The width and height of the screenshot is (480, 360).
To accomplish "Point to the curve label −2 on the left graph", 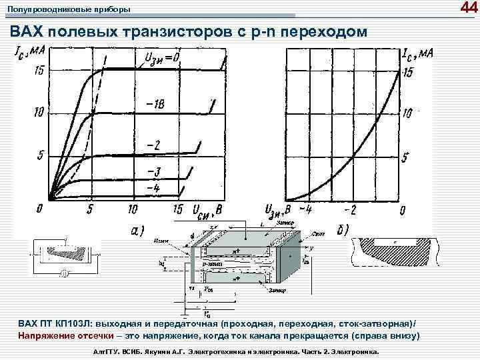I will [x=153, y=145].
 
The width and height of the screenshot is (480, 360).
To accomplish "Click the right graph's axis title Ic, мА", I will [x=417, y=53].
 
